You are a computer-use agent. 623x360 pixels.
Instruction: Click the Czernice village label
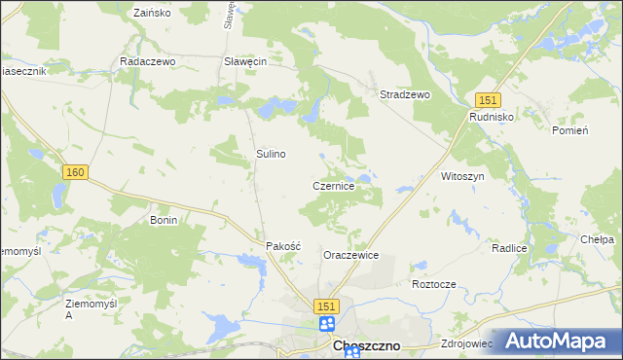pos(339,186)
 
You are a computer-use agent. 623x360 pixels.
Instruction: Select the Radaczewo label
pos(146,60)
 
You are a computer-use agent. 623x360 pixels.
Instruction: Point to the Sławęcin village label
pos(245,60)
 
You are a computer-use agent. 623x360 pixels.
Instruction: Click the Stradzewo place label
pos(404,94)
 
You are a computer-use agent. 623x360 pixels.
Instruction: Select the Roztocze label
pos(434,284)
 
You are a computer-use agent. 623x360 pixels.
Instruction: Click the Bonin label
pos(163,221)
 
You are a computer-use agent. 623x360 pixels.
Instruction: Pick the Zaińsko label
pos(151,14)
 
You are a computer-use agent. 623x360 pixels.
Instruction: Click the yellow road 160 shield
pos(76,172)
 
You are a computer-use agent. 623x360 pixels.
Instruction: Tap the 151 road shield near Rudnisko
pos(488,99)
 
